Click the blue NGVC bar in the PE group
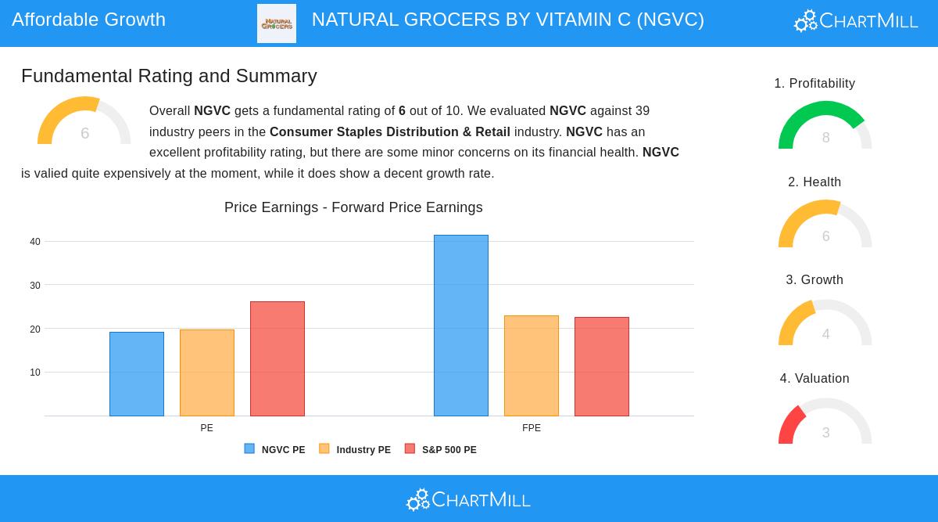point(137,374)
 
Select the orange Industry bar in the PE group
point(207,373)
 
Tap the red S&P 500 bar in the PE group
point(277,358)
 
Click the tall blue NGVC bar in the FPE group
point(461,326)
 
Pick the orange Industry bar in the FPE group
point(532,365)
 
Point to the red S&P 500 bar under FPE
point(602,366)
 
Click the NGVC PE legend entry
point(275,449)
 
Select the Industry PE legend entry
point(355,449)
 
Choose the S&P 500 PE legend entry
point(441,449)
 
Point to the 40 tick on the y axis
point(35,242)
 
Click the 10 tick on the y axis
point(35,373)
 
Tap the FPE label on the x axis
point(532,428)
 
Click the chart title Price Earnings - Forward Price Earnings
point(353,207)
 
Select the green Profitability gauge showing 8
point(825,126)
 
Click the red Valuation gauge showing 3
point(825,423)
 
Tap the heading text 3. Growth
point(814,280)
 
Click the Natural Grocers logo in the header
point(277,23)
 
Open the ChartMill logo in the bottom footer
point(469,499)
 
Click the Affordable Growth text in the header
point(89,20)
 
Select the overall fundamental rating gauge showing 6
point(84,122)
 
